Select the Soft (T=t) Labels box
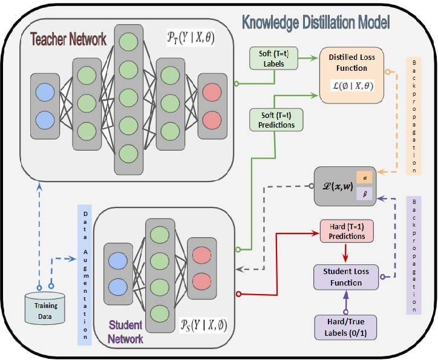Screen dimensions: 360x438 [x=271, y=58]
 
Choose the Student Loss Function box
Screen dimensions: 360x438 [x=345, y=276]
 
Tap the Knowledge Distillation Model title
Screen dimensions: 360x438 [x=316, y=22]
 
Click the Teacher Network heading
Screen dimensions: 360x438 [x=68, y=39]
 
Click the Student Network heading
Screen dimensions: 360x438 [x=125, y=332]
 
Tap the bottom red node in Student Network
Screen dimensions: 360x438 [x=200, y=281]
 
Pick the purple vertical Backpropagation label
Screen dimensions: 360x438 [x=414, y=254]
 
